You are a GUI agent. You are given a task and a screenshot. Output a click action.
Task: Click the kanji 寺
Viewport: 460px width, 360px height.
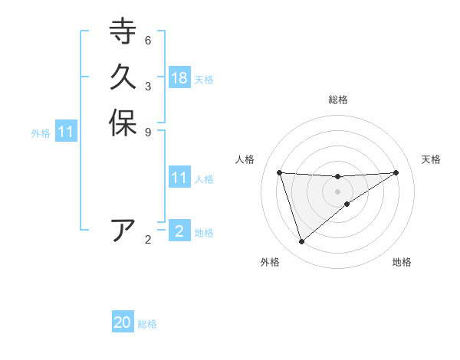tap(123, 31)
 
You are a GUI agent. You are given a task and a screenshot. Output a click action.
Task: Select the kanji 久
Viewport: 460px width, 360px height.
tap(123, 77)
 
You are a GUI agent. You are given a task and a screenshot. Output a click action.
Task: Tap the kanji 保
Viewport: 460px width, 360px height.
tap(123, 123)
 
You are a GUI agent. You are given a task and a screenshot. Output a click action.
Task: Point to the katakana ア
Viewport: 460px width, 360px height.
tap(123, 231)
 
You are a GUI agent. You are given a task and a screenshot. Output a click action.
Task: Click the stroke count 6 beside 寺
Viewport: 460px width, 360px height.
tap(148, 40)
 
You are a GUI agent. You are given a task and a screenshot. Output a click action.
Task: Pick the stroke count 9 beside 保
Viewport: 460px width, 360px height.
tap(148, 132)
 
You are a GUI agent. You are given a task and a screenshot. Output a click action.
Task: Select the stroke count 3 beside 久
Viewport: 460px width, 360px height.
tap(148, 86)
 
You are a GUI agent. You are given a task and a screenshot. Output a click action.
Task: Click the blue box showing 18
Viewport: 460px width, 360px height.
tap(179, 78)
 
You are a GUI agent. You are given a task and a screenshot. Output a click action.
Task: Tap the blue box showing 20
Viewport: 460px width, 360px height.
tap(123, 323)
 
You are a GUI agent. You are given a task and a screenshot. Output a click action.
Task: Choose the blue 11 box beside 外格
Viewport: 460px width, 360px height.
tap(66, 133)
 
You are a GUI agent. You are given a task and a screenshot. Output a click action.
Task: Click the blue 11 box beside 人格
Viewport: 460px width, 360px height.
tap(179, 178)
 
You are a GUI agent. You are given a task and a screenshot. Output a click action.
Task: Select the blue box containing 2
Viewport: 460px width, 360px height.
tap(179, 231)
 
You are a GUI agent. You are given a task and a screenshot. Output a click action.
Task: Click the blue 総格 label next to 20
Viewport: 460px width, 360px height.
tap(147, 324)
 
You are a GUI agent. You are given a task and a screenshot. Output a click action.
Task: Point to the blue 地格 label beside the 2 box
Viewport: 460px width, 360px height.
tap(204, 232)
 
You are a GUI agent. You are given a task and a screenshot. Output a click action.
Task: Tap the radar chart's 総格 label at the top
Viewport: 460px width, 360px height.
tap(337, 100)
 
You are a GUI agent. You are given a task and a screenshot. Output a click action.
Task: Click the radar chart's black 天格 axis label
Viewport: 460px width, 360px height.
tap(431, 159)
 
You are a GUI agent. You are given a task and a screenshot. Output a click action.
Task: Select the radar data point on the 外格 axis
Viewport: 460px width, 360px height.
tap(301, 242)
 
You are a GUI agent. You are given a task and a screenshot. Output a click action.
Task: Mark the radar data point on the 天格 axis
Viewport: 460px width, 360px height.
tap(396, 172)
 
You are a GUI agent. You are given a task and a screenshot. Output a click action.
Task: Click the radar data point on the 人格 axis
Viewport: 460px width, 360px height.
tap(279, 172)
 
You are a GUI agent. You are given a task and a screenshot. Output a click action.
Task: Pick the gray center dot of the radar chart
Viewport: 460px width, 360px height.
tap(337, 191)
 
